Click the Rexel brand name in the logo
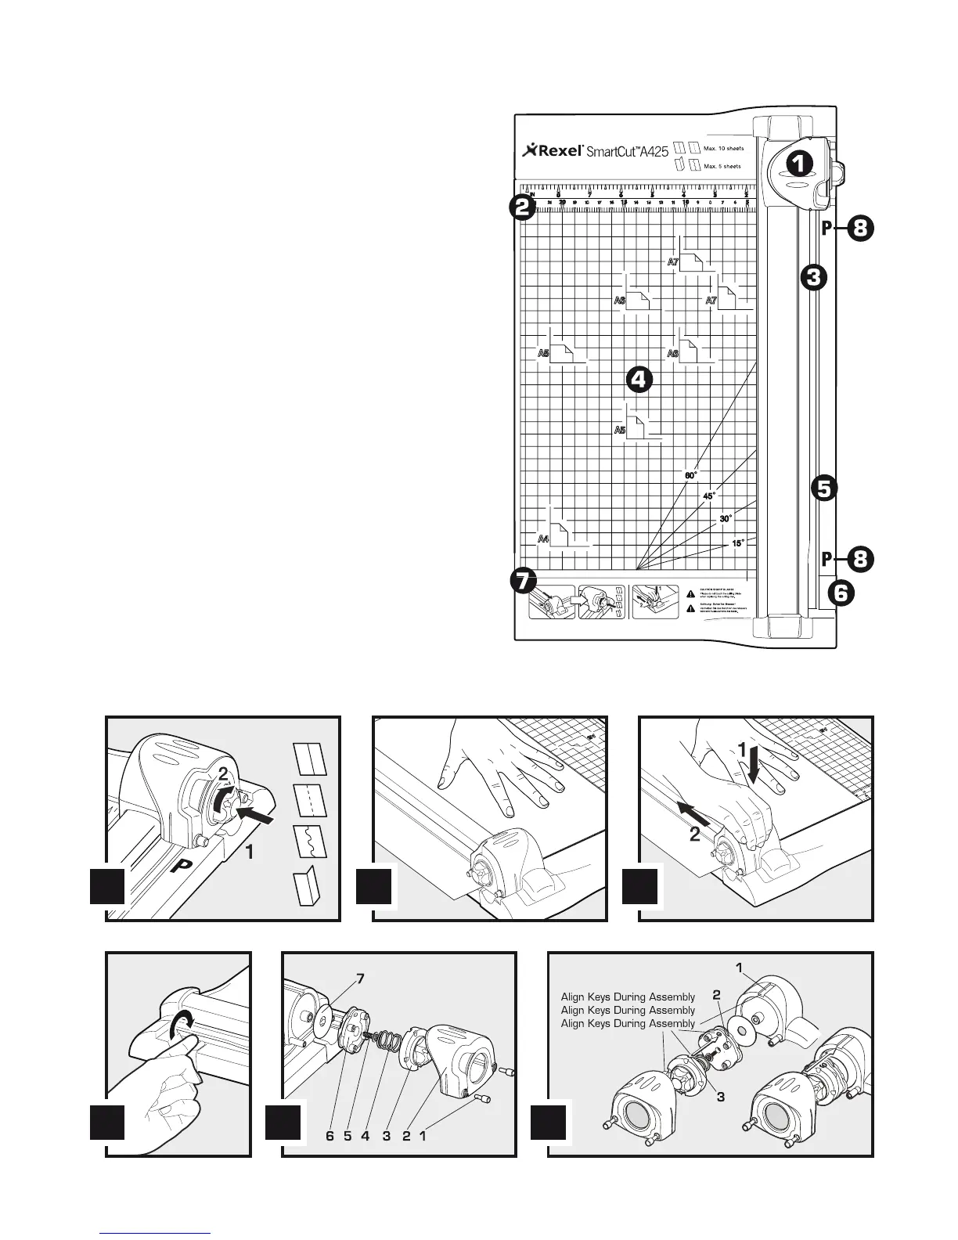tap(559, 151)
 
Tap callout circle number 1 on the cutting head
tap(799, 163)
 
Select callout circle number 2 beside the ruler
tap(522, 207)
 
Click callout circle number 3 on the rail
tap(814, 276)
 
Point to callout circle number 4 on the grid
tap(639, 380)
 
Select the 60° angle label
tap(690, 475)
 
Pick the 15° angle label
tap(737, 543)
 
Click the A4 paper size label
tap(543, 539)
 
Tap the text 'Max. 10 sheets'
tap(724, 148)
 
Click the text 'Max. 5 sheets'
tap(722, 166)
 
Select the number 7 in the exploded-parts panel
tap(359, 978)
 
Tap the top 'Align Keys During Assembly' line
tap(628, 997)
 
